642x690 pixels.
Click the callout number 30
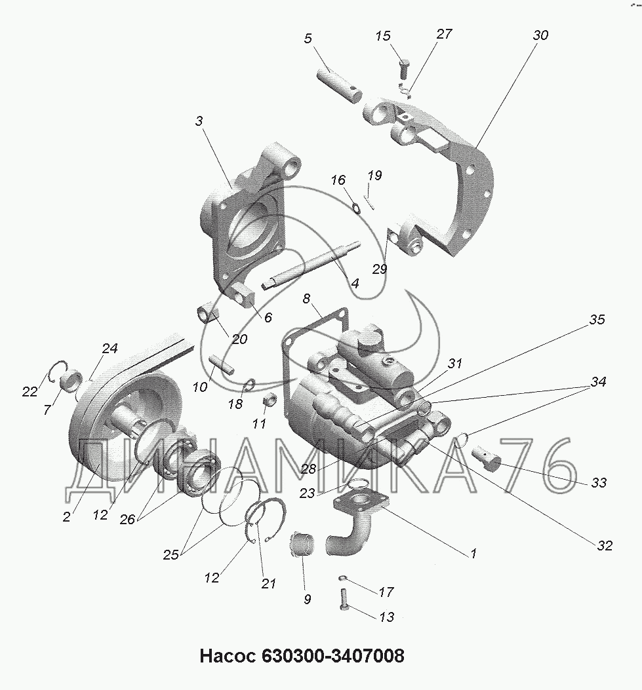[x=540, y=35]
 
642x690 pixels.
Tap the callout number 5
[x=308, y=38]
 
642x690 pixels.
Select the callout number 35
[x=597, y=320]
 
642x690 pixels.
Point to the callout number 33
[x=599, y=483]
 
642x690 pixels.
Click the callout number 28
[x=308, y=469]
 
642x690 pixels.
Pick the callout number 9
[x=308, y=599]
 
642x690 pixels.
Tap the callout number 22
[x=30, y=391]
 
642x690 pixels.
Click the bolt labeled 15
[x=404, y=67]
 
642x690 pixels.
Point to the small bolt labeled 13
[x=344, y=600]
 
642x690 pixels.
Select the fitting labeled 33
[x=487, y=457]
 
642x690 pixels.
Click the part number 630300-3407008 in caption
[x=333, y=655]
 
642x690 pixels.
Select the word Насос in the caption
[x=228, y=655]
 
